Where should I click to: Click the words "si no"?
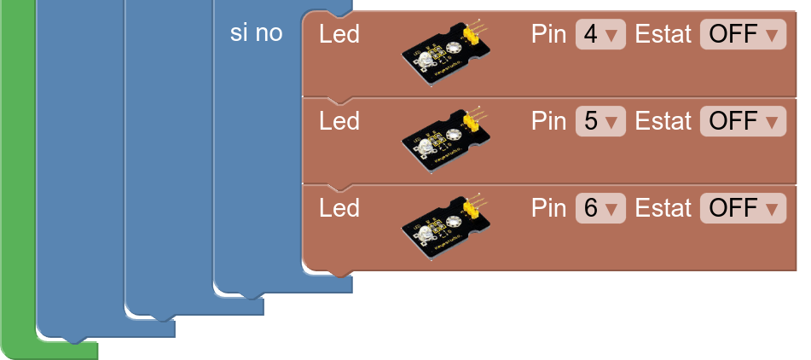(256, 33)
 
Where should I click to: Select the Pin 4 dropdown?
(600, 35)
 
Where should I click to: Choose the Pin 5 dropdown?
(600, 121)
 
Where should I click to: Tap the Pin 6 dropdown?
(600, 208)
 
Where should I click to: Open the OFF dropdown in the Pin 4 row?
(744, 35)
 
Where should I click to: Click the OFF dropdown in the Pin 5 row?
(744, 121)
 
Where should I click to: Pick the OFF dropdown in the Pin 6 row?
(744, 208)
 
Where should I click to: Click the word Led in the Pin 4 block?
(339, 35)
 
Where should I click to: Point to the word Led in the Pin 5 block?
(339, 121)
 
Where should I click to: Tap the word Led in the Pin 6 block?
(339, 208)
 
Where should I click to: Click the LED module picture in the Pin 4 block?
(446, 55)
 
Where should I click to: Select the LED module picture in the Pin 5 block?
(446, 142)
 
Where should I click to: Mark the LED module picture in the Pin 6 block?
(446, 228)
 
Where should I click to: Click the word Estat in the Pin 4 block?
(663, 35)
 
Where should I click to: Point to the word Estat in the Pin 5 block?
(663, 121)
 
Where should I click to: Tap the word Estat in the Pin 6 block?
(663, 208)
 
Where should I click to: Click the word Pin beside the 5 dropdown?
(550, 121)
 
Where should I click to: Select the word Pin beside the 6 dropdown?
(550, 208)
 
